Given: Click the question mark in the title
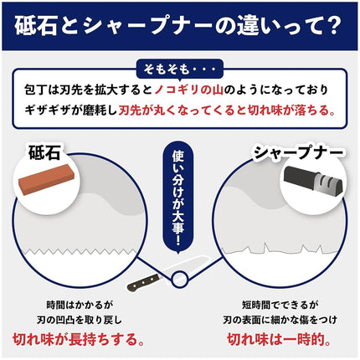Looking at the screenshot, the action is click(x=334, y=26).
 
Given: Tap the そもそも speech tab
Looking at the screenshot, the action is click(x=180, y=69).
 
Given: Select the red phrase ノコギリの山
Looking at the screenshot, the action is click(x=189, y=90).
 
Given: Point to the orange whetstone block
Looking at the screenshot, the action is click(x=46, y=180).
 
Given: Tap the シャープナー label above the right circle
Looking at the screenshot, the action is click(x=298, y=152).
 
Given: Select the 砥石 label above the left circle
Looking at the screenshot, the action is click(x=44, y=152).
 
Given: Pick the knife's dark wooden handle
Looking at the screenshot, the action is click(x=143, y=282).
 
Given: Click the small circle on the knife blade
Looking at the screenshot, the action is click(x=180, y=280).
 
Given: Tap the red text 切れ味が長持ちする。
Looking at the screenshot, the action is click(x=79, y=339).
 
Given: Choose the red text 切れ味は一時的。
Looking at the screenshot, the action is click(x=280, y=339).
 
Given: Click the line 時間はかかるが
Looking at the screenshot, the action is click(x=80, y=305).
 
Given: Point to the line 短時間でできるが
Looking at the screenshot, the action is click(x=280, y=305).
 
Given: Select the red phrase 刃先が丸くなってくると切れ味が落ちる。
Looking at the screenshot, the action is click(x=227, y=111).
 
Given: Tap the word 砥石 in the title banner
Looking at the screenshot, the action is click(x=36, y=26).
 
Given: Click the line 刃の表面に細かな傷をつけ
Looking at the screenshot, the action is click(x=280, y=320).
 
